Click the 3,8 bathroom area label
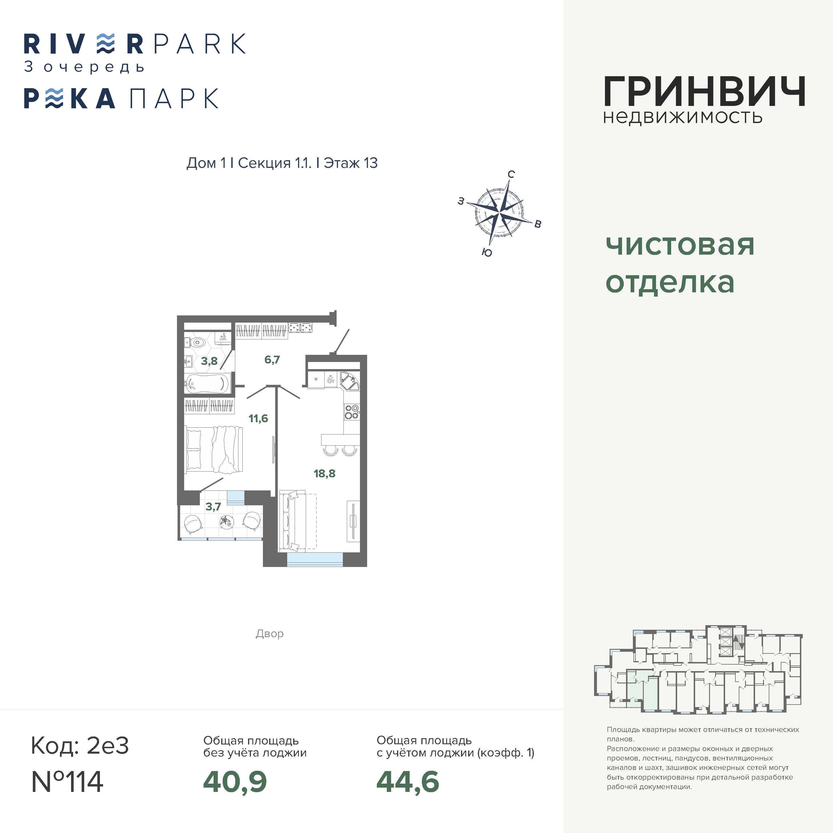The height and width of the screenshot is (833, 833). pos(209,361)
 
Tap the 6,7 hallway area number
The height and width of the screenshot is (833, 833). pos(272,360)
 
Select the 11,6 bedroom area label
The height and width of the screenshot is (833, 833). pos(258,418)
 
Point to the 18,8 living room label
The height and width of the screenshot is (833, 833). pos(325,473)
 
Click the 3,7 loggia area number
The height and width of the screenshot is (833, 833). pos(213,507)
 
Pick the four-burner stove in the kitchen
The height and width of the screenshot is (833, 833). pos(352,412)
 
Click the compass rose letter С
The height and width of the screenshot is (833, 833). pos(511,174)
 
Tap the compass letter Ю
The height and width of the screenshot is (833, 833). pos(487,253)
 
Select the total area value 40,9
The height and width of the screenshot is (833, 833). pos(235,782)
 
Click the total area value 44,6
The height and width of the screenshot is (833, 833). pos(408,782)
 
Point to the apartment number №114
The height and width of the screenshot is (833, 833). pos(67,781)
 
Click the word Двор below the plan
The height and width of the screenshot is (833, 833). pos(269,634)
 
